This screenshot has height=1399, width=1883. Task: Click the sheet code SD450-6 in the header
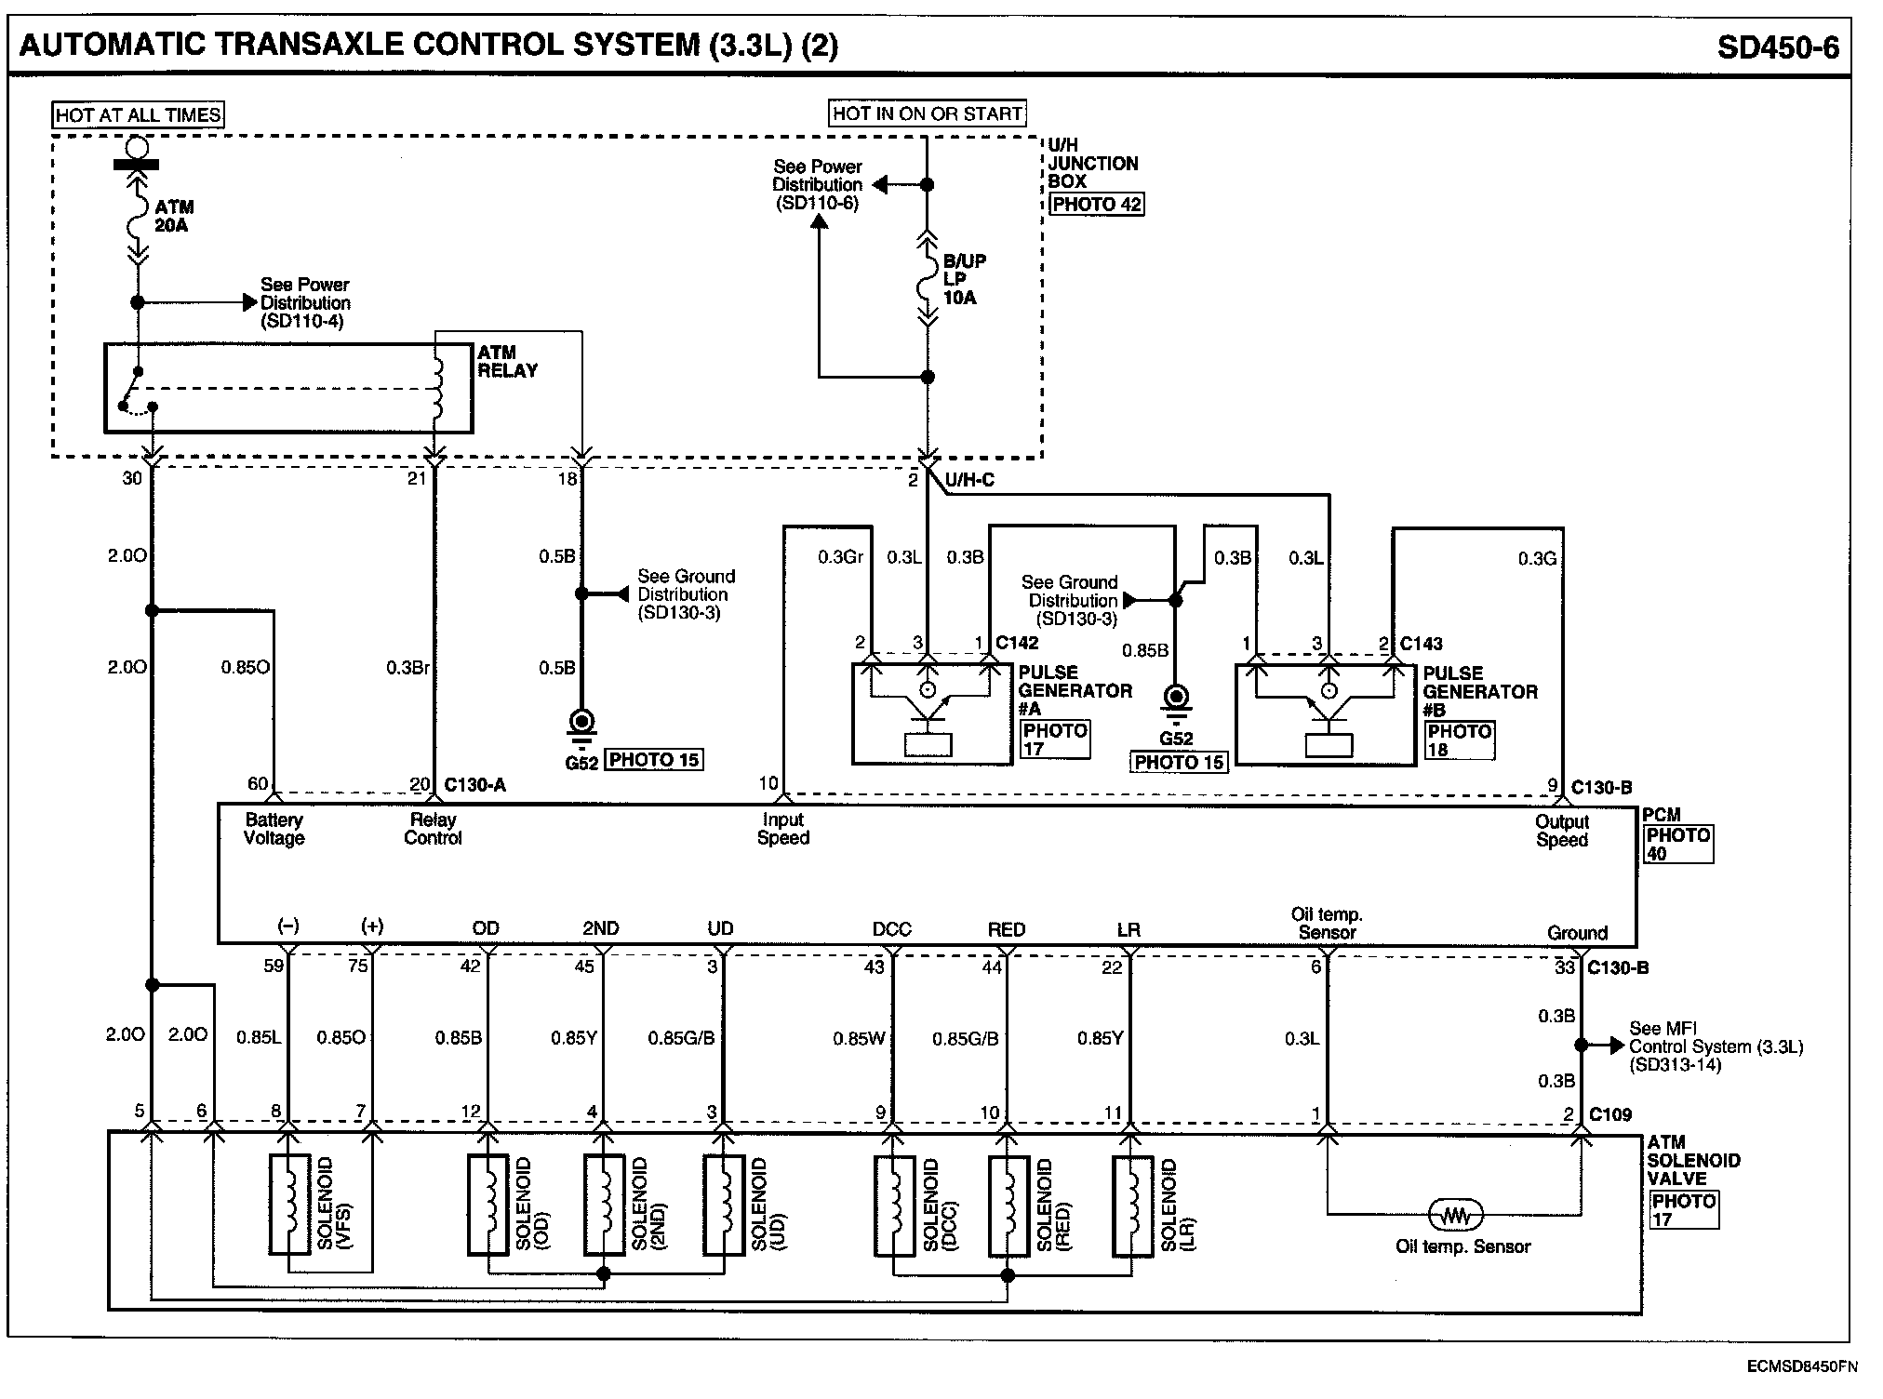click(1777, 47)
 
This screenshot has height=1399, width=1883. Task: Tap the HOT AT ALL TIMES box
click(138, 114)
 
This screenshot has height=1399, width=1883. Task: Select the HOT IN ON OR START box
click(927, 113)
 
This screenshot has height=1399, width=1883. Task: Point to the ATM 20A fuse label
click(174, 216)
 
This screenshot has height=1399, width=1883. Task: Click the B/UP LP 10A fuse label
click(964, 279)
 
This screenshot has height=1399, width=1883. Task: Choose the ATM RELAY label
click(507, 361)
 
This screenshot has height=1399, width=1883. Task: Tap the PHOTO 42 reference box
click(1096, 205)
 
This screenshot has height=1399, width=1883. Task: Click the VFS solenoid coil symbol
click(289, 1205)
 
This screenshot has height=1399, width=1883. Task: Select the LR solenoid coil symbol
click(1132, 1205)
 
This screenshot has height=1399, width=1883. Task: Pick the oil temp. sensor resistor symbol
click(1456, 1215)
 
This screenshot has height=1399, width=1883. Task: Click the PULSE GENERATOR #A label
click(1075, 690)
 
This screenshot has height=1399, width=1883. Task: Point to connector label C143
click(1422, 643)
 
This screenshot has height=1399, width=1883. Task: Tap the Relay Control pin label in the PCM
click(433, 829)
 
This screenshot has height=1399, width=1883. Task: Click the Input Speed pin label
click(783, 829)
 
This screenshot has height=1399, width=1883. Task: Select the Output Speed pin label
click(1562, 831)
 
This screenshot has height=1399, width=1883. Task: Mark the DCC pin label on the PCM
click(891, 928)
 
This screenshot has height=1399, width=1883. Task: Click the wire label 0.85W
click(859, 1038)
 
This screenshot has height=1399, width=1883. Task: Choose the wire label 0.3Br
click(407, 667)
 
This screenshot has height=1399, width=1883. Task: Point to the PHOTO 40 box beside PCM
click(1677, 845)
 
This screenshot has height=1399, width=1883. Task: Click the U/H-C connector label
click(969, 480)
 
